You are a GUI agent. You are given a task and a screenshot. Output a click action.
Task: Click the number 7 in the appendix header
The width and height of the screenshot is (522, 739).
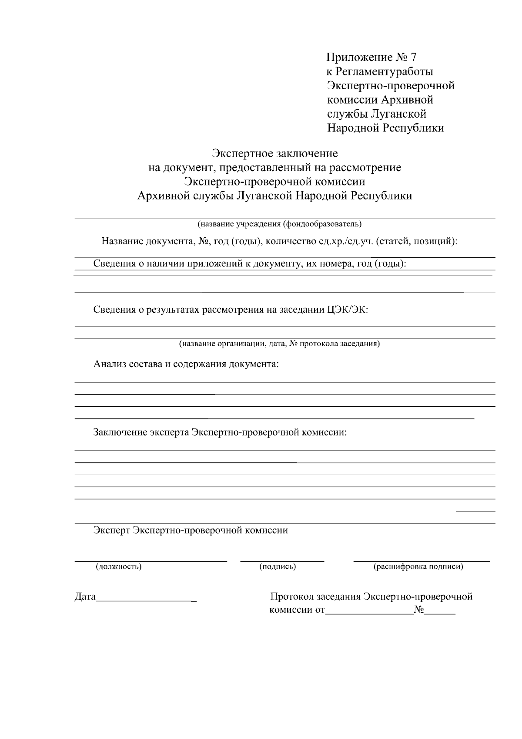(x=413, y=57)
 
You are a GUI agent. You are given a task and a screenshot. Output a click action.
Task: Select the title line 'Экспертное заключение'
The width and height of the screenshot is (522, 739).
(x=274, y=153)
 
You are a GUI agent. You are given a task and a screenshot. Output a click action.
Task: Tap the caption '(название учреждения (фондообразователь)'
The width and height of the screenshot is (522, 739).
(x=280, y=224)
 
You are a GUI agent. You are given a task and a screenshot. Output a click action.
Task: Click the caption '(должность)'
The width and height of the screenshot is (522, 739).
(x=119, y=567)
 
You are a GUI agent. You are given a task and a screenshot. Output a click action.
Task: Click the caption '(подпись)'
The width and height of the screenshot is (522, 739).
(x=278, y=567)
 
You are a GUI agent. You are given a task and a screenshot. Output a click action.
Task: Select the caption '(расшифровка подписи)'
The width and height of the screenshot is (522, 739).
(x=418, y=567)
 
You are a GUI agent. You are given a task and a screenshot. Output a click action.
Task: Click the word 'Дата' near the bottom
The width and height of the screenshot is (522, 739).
(x=85, y=597)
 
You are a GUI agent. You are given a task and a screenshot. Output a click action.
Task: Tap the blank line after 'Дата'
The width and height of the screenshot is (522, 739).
(x=146, y=601)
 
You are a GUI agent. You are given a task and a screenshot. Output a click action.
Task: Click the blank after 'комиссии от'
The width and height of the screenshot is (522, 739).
(x=369, y=614)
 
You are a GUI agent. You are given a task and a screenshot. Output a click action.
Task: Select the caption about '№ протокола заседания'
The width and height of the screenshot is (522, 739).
(x=280, y=344)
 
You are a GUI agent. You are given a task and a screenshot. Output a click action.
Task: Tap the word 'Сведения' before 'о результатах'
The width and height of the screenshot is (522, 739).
(x=114, y=310)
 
